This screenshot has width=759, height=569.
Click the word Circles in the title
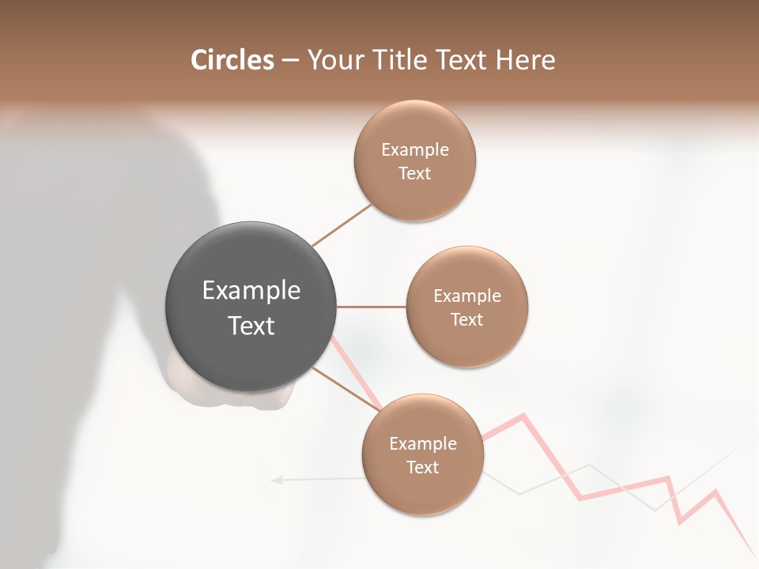pos(232,60)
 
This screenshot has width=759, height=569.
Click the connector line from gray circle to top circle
pos(342,225)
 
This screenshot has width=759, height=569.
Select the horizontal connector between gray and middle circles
pos(372,307)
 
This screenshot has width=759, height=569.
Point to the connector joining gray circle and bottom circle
pos(346,388)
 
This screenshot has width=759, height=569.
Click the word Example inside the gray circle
pos(251,291)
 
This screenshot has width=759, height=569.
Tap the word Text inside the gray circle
pos(251,326)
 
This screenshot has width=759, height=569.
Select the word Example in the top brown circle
pos(414,150)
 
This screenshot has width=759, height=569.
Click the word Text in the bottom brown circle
pos(422,467)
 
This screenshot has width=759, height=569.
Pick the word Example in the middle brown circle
pos(466,296)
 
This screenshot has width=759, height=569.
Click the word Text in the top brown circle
pos(414,174)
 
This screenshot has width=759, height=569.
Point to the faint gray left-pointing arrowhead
pos(276,479)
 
